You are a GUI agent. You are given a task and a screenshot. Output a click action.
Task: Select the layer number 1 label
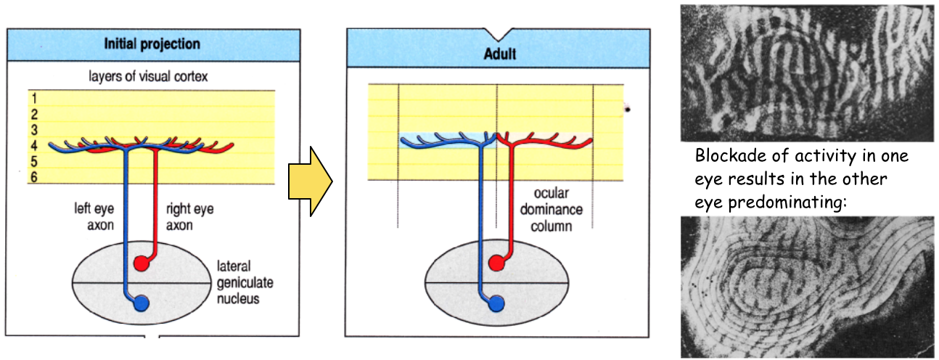[33, 99]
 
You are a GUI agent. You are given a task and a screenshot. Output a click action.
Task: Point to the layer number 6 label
[33, 177]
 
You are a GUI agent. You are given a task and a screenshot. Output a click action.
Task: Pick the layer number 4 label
[33, 145]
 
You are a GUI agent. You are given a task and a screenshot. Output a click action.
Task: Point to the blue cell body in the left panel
[143, 303]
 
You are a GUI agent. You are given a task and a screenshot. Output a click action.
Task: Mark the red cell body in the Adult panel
[496, 263]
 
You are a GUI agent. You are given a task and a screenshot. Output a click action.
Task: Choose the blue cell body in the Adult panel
[497, 303]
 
